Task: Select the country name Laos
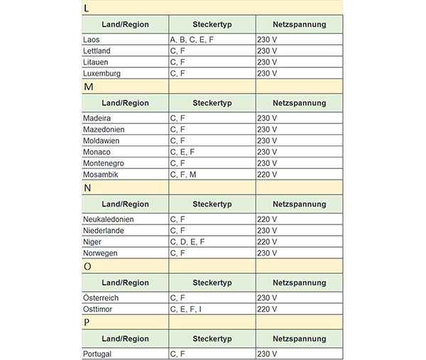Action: pyautogui.click(x=92, y=40)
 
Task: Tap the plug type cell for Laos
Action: pyautogui.click(x=192, y=40)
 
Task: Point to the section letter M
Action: pyautogui.click(x=88, y=87)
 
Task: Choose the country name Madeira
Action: pyautogui.click(x=98, y=118)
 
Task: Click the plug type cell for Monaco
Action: pyautogui.click(x=182, y=152)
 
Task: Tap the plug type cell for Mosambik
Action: pyautogui.click(x=183, y=175)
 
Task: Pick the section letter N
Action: pyautogui.click(x=87, y=188)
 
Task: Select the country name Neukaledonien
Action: pyautogui.click(x=108, y=219)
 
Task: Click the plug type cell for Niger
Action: pyautogui.click(x=187, y=242)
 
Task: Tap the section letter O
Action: pyautogui.click(x=87, y=267)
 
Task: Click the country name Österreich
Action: pyautogui.click(x=101, y=298)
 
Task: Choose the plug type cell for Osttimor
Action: pyautogui.click(x=186, y=310)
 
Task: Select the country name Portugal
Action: pyautogui.click(x=98, y=354)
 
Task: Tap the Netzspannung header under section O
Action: pyautogui.click(x=299, y=283)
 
